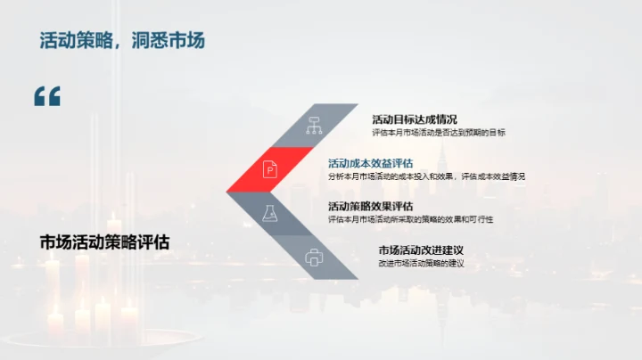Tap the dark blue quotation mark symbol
[47, 96]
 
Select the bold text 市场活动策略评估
[104, 241]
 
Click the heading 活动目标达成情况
[415, 119]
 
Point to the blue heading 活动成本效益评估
[370, 163]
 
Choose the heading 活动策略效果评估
[370, 206]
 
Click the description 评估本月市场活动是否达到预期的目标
[439, 133]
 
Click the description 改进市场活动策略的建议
[421, 263]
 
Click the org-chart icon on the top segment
[314, 125]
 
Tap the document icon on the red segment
[269, 168]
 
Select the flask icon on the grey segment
[269, 213]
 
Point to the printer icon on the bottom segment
[314, 257]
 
